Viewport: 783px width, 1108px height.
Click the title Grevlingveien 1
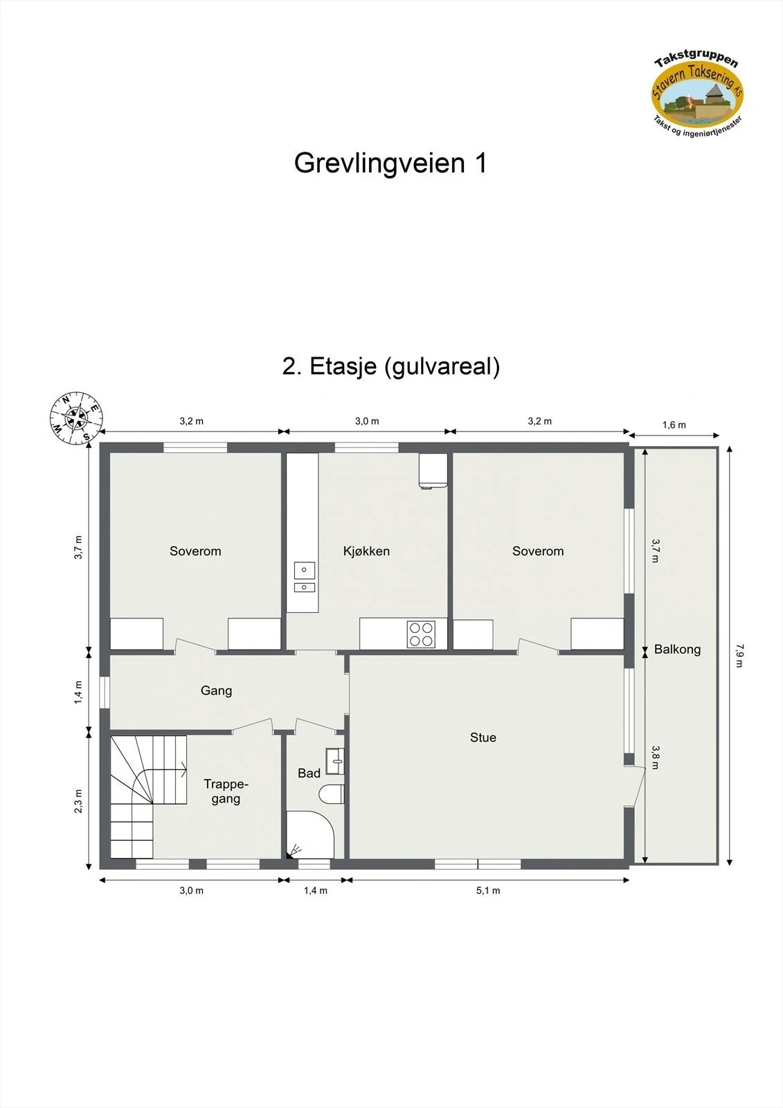(390, 163)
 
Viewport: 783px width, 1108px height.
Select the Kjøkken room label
(366, 551)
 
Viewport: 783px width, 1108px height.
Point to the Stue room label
(483, 738)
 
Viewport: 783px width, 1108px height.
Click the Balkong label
(677, 650)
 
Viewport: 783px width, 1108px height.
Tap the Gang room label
(216, 690)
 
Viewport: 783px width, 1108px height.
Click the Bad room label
(309, 773)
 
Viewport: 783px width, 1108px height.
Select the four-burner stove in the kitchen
(421, 634)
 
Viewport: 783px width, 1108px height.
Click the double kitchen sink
(304, 578)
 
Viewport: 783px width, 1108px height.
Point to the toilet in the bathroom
(332, 794)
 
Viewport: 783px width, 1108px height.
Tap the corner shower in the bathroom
(310, 834)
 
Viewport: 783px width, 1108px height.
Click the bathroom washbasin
(335, 761)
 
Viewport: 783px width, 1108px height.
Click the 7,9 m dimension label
(739, 655)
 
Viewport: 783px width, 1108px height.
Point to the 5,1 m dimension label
(488, 891)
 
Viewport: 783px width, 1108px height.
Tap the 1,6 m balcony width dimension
(674, 425)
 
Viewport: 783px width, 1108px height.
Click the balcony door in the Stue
(635, 787)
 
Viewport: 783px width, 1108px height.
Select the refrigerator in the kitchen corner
(433, 471)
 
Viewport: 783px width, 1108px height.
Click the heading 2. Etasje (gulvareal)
(390, 366)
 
